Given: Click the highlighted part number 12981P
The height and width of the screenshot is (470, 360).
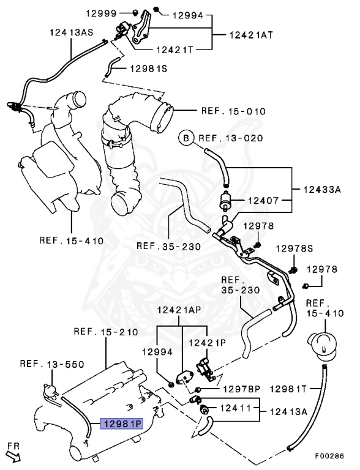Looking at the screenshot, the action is tap(121, 423).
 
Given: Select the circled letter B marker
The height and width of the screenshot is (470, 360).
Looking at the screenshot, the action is tap(186, 138).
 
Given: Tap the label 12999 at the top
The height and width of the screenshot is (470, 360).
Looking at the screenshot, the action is tap(101, 13).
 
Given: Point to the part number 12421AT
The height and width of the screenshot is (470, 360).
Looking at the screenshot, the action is tap(252, 35).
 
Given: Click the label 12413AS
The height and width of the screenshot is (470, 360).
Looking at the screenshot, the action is tap(72, 32).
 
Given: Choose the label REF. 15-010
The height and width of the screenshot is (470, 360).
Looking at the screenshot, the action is tap(233, 111).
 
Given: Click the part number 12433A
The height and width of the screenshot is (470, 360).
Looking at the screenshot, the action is tap(322, 190).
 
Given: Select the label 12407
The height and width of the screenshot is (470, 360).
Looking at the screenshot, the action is tap(264, 200).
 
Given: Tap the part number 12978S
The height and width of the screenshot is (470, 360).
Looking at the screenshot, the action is tap(294, 248).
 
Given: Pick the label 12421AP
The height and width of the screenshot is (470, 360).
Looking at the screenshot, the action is tap(179, 310).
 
